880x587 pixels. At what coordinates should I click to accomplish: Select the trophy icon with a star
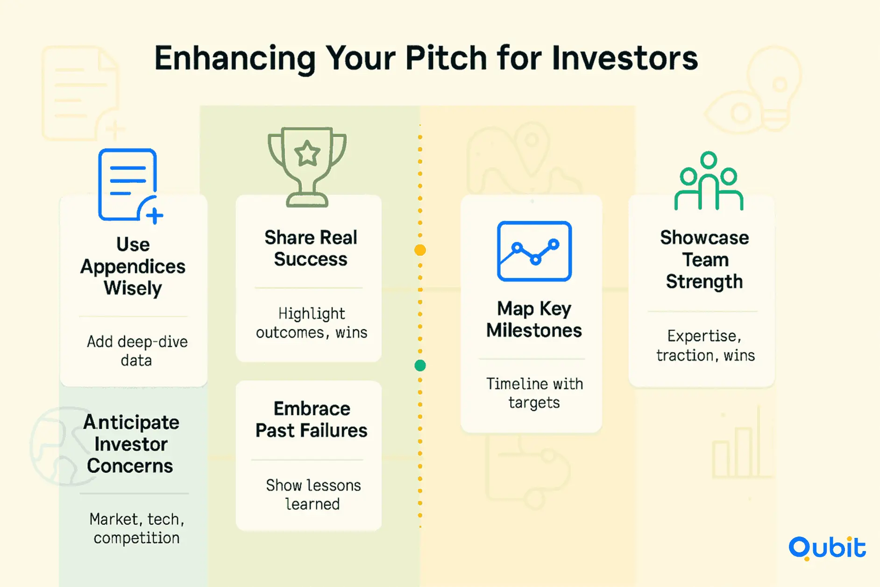click(307, 167)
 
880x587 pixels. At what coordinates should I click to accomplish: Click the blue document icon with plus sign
click(130, 186)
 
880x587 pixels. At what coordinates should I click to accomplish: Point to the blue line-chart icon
click(534, 251)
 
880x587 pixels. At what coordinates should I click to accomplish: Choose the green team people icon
click(709, 181)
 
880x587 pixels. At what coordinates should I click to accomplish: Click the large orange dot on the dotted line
click(420, 250)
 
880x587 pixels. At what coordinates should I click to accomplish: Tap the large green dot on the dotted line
click(420, 365)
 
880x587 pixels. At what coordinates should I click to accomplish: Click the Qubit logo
click(827, 548)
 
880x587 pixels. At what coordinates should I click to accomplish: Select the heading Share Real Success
click(311, 248)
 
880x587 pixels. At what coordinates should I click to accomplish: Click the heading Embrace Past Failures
click(312, 420)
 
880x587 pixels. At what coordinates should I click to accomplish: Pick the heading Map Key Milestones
click(534, 320)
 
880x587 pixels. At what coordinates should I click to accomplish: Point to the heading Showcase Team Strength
click(704, 259)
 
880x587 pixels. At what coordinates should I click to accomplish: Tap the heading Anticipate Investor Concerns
click(131, 444)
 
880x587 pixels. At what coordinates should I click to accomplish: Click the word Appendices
click(133, 267)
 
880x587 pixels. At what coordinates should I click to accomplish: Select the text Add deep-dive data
click(137, 351)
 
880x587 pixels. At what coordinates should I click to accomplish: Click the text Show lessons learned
click(313, 494)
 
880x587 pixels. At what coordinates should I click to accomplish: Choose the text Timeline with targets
click(534, 393)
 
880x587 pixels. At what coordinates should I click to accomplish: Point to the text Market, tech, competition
click(136, 529)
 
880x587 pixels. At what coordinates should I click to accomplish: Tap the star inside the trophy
click(307, 153)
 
